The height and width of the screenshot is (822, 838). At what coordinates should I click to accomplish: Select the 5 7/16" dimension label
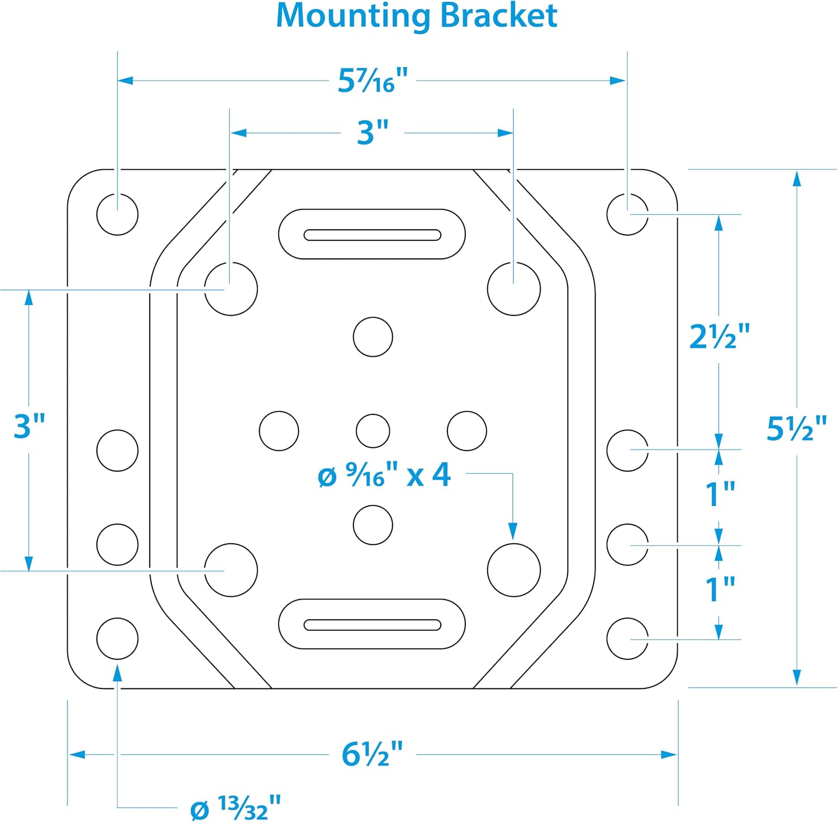tap(373, 81)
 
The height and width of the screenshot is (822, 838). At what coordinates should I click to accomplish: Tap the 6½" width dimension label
tap(372, 754)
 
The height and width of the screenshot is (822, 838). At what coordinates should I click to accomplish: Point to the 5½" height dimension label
tap(796, 429)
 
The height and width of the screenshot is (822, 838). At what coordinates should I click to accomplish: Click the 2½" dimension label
tap(720, 337)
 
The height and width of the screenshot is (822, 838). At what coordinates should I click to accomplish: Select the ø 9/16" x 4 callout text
tap(384, 475)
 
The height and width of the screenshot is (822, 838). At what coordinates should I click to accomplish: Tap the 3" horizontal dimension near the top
tap(373, 133)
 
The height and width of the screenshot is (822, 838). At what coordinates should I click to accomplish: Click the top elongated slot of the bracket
tap(372, 234)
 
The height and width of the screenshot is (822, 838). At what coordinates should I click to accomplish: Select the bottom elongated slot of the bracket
tap(372, 624)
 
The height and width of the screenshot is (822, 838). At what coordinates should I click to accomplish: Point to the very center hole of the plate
tap(373, 431)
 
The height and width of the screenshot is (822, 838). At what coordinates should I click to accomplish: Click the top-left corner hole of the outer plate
tap(117, 214)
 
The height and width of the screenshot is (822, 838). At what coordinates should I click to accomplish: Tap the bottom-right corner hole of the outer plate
tap(627, 639)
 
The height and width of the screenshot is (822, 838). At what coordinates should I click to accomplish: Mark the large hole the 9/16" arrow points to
tap(514, 570)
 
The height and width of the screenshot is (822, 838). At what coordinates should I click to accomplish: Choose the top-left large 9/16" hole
tap(231, 289)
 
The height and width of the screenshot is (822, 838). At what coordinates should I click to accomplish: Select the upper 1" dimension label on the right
tap(720, 494)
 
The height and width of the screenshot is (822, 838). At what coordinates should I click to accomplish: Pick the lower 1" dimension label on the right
tap(720, 589)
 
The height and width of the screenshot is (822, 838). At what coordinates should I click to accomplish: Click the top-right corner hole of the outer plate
tap(627, 214)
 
